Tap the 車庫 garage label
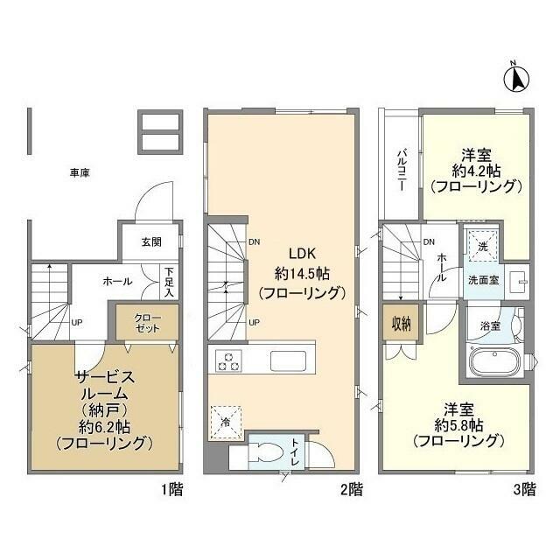(x=80, y=172)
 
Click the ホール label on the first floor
(x=117, y=282)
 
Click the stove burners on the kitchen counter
(x=230, y=360)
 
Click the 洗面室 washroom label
(x=482, y=282)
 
